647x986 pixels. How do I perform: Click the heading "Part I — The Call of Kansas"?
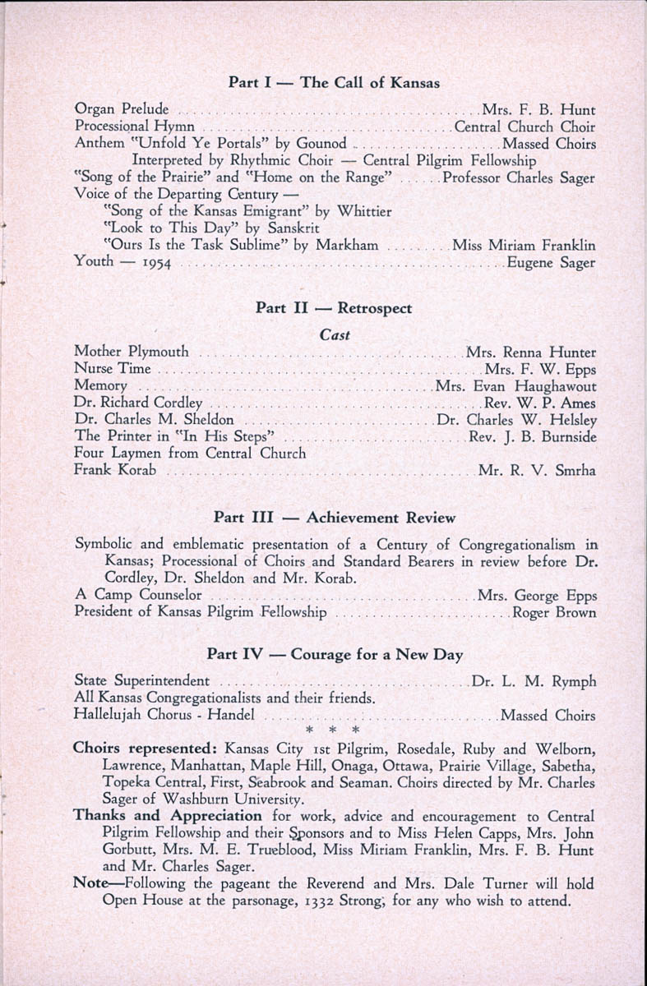(x=334, y=82)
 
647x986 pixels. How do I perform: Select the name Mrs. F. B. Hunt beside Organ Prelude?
(x=538, y=108)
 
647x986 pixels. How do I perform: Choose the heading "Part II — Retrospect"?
(x=334, y=308)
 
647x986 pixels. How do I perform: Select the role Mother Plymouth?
(x=132, y=352)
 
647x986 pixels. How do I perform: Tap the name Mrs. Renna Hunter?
(x=531, y=352)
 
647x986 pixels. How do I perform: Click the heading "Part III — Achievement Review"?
(x=334, y=518)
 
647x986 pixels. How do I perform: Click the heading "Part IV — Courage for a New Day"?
(x=335, y=655)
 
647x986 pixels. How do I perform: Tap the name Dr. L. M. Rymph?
(x=534, y=681)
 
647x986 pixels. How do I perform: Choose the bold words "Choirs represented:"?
(x=146, y=749)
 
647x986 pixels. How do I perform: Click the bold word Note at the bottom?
(x=90, y=882)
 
